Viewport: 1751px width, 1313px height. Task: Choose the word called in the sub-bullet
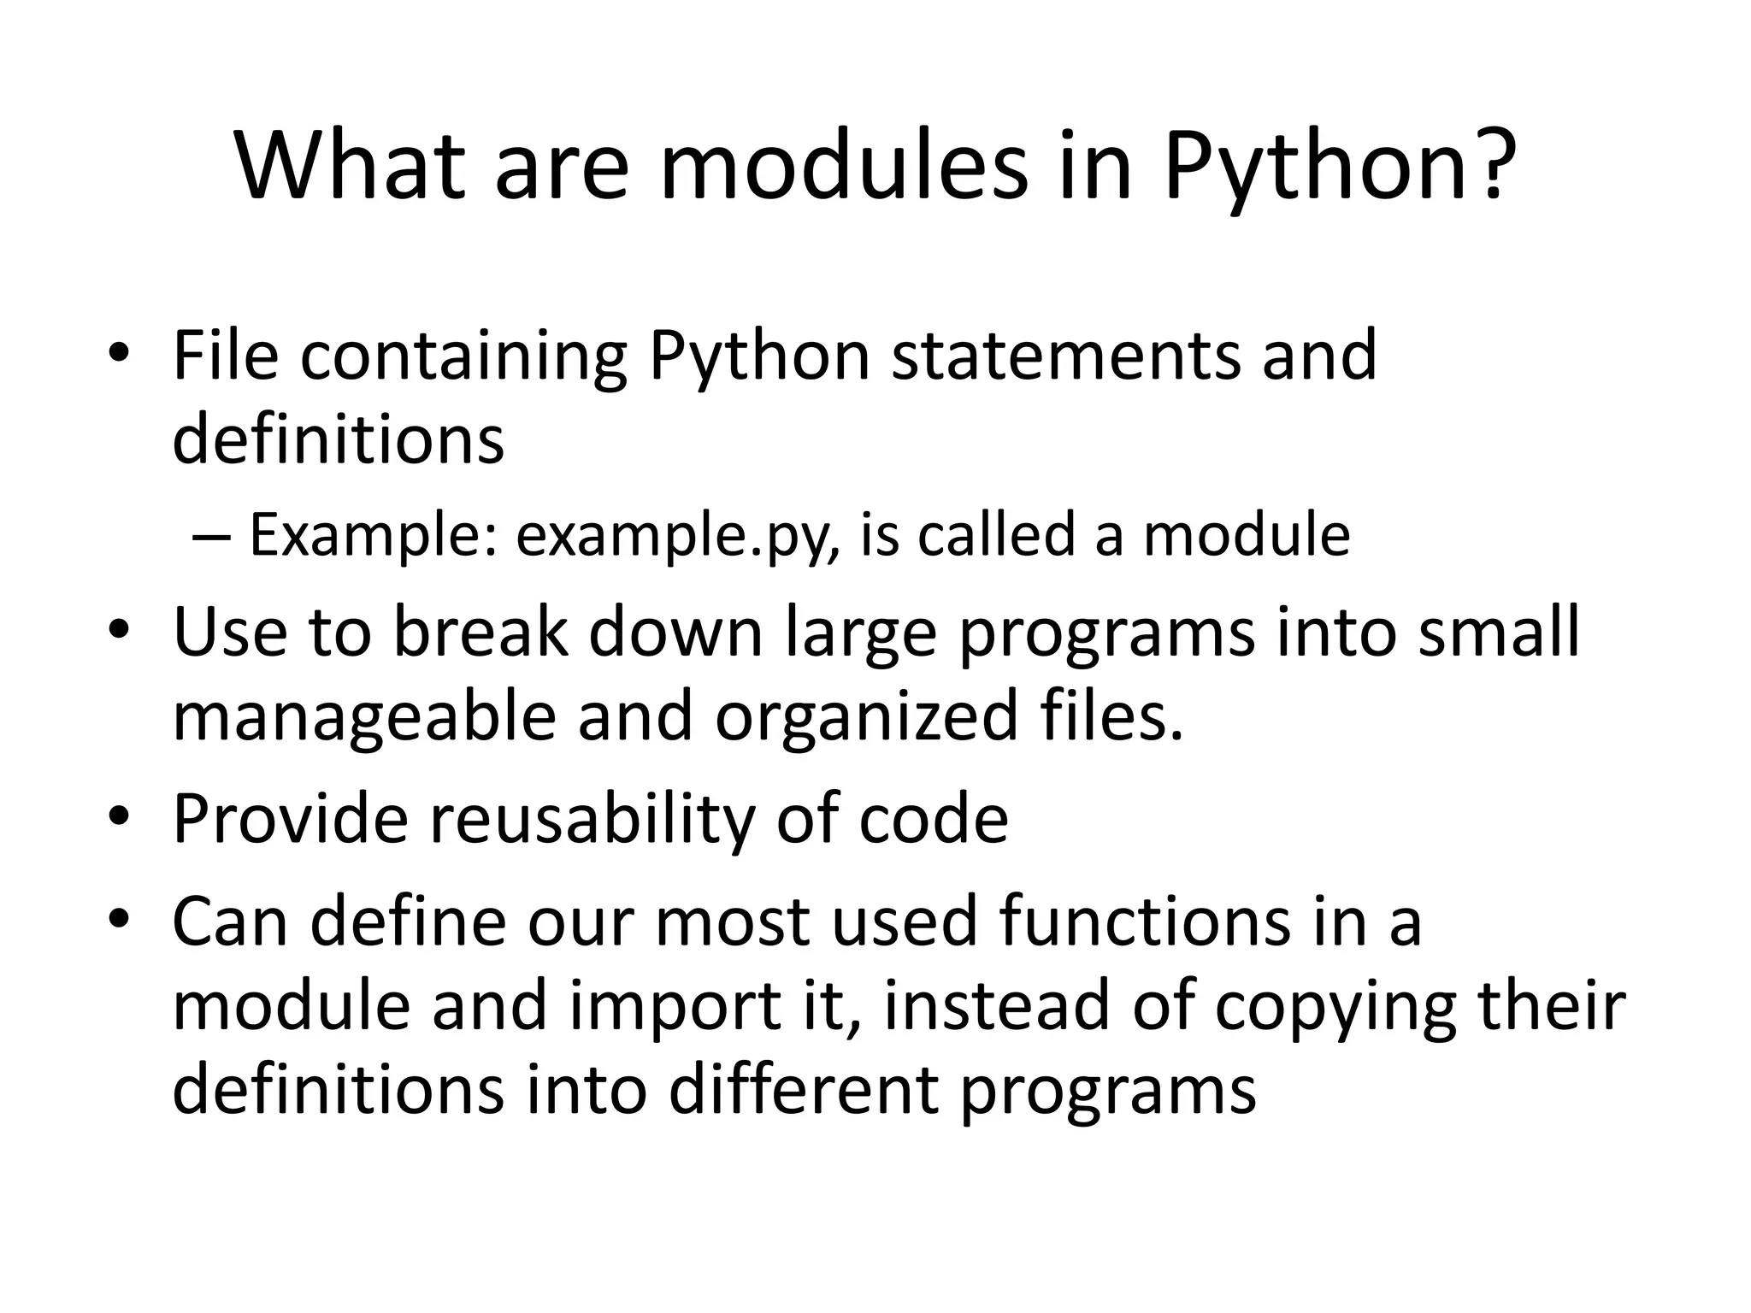(995, 535)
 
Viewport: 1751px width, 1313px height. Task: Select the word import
(672, 1007)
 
